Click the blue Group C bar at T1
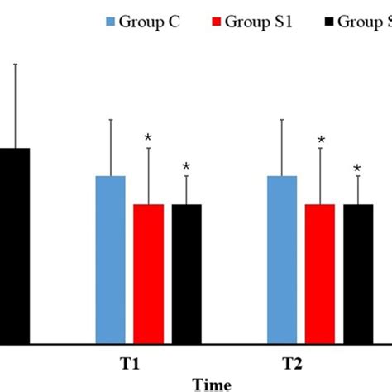[111, 259]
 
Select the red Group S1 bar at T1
[149, 273]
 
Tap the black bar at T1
[186, 273]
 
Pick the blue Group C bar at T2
[282, 259]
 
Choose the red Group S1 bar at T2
[320, 273]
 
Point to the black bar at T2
[357, 273]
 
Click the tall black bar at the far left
[14, 245]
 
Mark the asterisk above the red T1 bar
[149, 138]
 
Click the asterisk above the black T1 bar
[186, 168]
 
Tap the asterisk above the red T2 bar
[320, 141]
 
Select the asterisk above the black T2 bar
[357, 170]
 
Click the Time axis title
[212, 384]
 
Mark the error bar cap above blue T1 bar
[111, 120]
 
